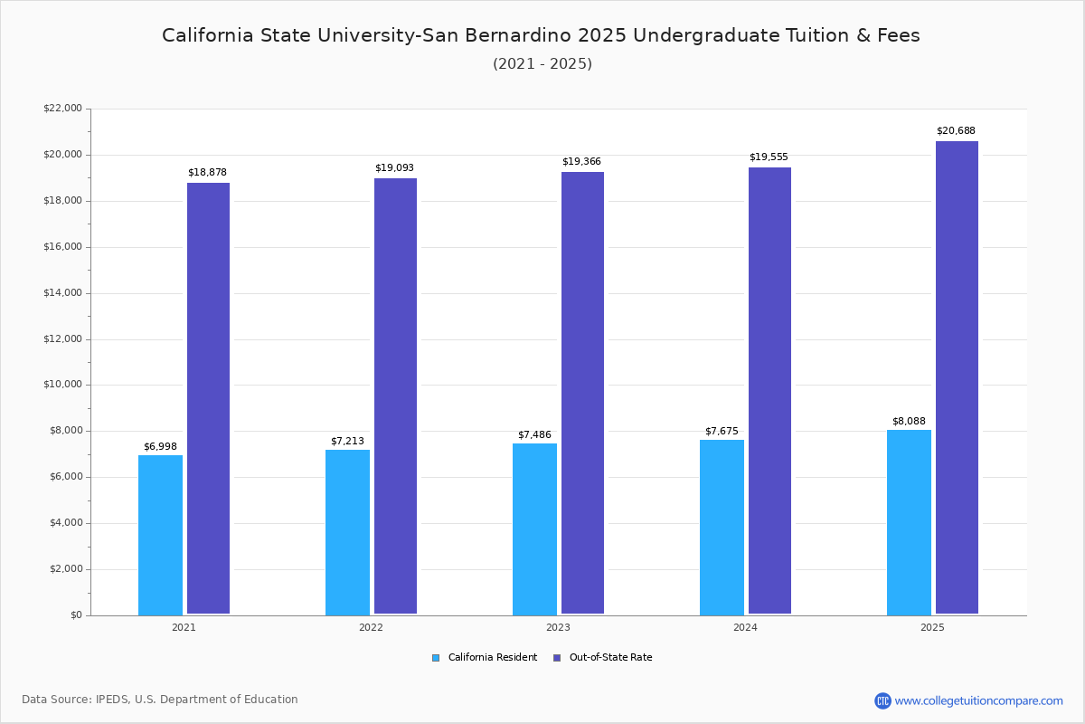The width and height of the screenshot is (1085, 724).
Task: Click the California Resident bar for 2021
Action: [160, 535]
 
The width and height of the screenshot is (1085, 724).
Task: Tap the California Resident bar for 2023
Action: [534, 529]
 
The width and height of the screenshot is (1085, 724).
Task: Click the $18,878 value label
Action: [207, 172]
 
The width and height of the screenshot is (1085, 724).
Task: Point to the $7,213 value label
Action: [347, 441]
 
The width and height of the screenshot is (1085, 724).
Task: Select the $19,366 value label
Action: [581, 161]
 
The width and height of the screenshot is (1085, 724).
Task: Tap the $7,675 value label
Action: [722, 431]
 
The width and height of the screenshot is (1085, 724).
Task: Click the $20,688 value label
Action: [956, 130]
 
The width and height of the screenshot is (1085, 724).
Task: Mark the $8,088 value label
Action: [909, 421]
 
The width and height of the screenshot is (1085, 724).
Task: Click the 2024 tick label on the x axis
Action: [745, 627]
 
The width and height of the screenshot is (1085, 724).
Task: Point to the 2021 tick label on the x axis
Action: [184, 627]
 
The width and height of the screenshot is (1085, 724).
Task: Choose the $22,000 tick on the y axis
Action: [62, 109]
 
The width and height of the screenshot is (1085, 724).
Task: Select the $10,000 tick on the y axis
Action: [62, 385]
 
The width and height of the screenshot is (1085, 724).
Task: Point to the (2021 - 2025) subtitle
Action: [542, 64]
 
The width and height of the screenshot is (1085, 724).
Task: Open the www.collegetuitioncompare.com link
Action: [978, 700]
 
